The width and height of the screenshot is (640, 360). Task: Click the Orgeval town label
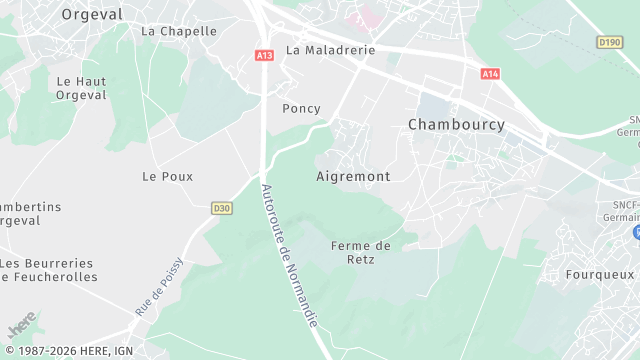click(x=92, y=14)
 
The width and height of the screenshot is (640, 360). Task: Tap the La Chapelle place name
click(x=179, y=31)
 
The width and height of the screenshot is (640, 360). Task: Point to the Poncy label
click(x=301, y=108)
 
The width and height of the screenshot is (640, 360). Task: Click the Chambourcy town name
click(x=456, y=124)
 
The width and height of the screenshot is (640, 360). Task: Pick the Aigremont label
click(x=353, y=175)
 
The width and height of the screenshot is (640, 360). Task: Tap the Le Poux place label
click(x=167, y=176)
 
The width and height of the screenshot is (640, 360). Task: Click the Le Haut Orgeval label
click(x=81, y=89)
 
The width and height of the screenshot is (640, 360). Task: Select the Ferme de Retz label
click(x=360, y=254)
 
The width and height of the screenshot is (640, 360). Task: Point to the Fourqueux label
click(x=600, y=273)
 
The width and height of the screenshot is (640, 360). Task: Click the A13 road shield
click(x=264, y=56)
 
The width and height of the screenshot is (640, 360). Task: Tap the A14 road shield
click(x=489, y=73)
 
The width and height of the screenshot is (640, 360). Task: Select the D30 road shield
click(x=221, y=208)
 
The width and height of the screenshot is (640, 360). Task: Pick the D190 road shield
click(x=609, y=42)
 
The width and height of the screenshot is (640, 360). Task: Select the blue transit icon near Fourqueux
click(x=636, y=232)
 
